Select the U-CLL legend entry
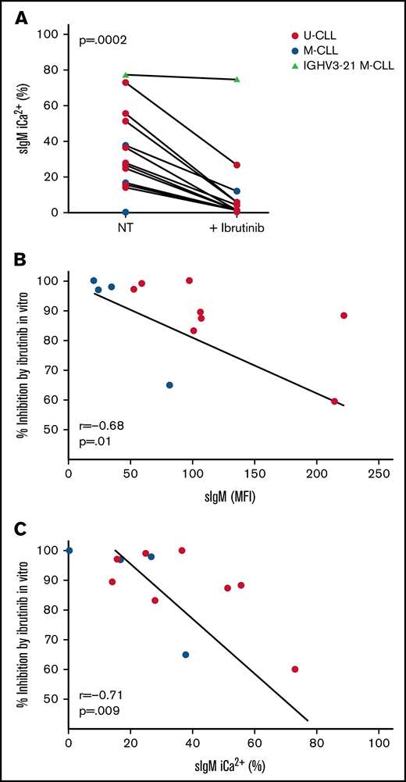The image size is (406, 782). pos(319,35)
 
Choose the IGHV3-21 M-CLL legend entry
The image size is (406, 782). pos(337,67)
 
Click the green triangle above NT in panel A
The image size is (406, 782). pos(126,75)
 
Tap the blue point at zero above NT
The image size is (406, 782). pos(126,212)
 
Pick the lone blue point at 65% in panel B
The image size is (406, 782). pos(169,385)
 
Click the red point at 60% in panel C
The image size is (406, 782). pos(295,669)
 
